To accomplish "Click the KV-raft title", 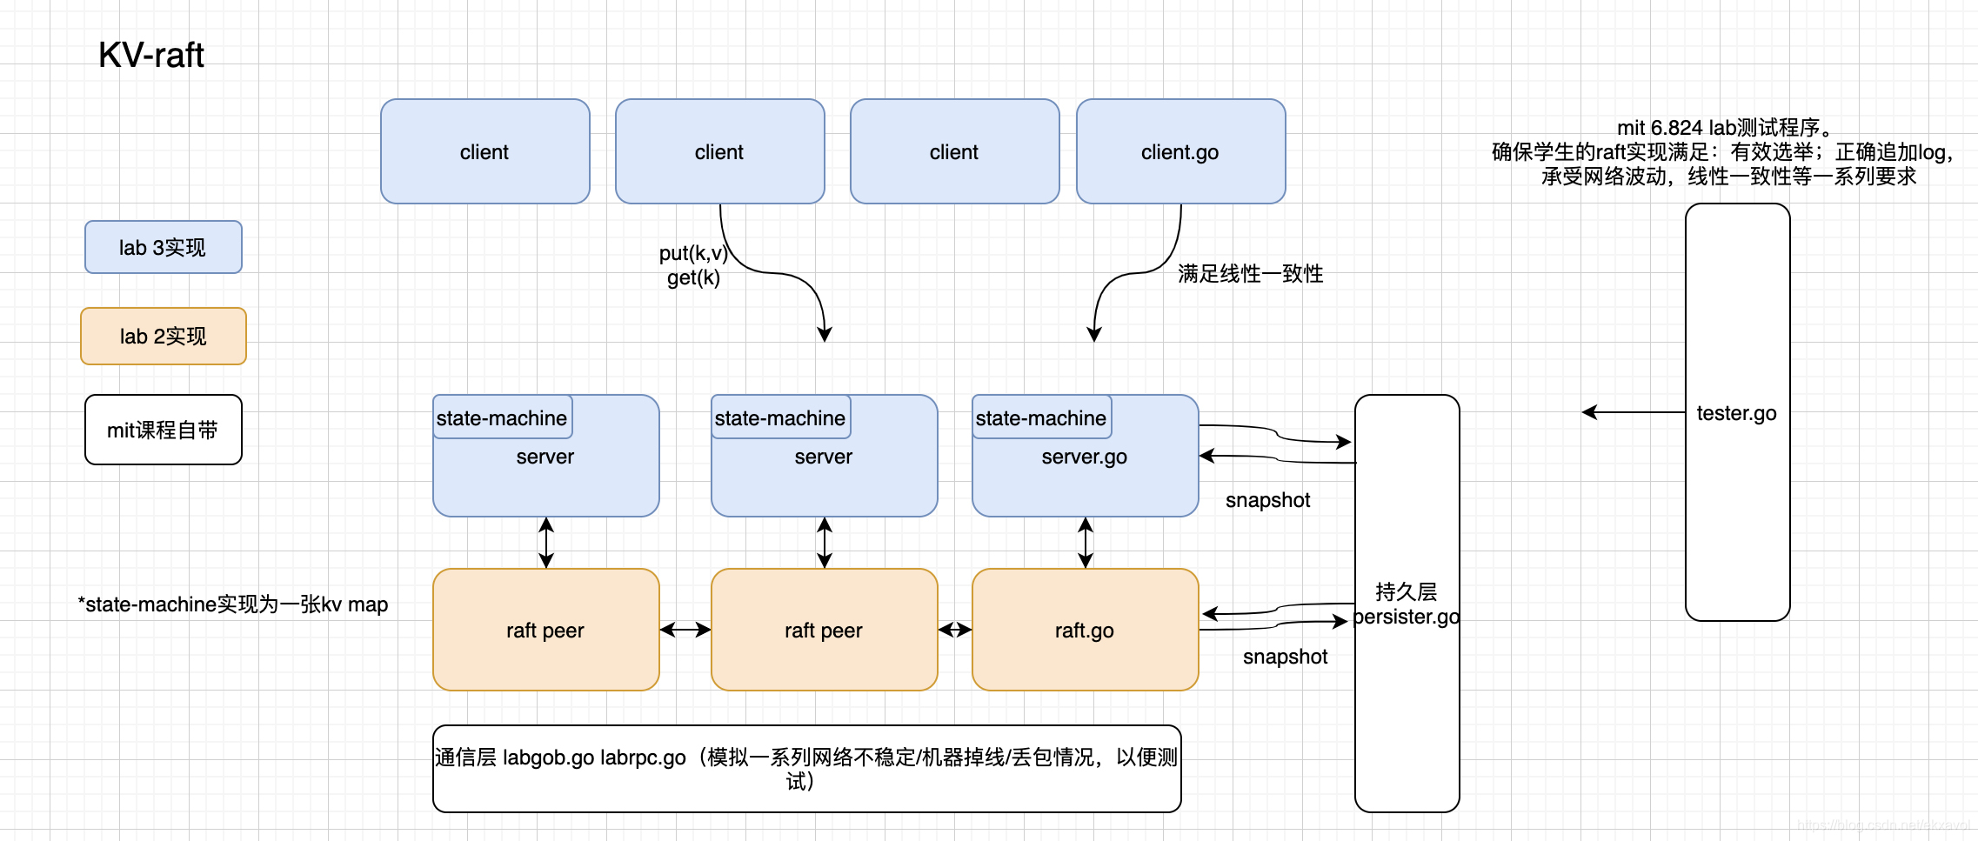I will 150,55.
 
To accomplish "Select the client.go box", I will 1180,152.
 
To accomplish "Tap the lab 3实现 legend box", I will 163,248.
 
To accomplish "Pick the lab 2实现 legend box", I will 163,337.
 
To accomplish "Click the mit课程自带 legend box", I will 163,431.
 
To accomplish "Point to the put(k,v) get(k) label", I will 692,265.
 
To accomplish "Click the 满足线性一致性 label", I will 1250,274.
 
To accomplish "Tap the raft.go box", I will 1085,631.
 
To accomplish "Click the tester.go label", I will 1736,413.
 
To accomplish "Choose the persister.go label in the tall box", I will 1407,617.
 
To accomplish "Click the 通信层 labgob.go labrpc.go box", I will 806,769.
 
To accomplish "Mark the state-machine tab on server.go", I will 1041,418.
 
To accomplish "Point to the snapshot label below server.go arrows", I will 1267,500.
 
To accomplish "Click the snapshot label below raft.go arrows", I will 1285,657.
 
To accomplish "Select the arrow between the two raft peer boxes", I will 685,630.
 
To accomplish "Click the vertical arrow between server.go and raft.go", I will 1086,543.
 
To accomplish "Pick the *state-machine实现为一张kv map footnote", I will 233,604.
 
